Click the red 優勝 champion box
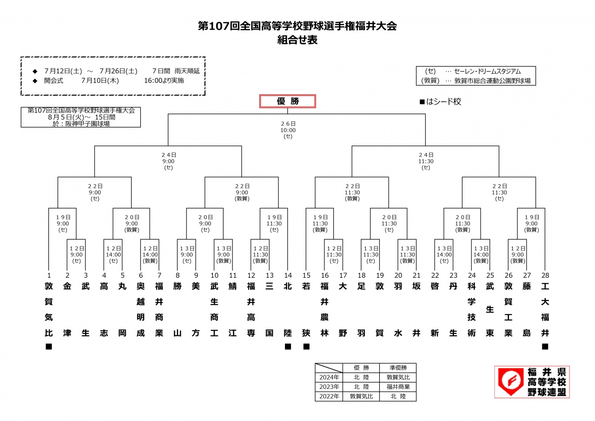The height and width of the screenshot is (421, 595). point(288,101)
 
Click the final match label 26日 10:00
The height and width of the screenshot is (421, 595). point(288,127)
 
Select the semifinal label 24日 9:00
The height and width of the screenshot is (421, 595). point(169,158)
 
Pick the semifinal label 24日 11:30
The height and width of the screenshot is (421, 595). point(426,158)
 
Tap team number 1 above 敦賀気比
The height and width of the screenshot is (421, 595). point(49,275)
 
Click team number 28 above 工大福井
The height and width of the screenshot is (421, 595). point(545,275)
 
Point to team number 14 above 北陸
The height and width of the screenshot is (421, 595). point(288,275)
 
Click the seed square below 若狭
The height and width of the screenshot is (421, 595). point(306,347)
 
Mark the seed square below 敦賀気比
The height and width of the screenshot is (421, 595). point(49,347)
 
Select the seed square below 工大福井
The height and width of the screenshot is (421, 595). point(545,347)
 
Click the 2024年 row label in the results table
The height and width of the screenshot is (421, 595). point(329,377)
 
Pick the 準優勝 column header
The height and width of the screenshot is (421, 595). point(398,368)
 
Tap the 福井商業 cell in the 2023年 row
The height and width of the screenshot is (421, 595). point(398,387)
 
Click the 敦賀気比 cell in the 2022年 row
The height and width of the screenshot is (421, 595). point(361,396)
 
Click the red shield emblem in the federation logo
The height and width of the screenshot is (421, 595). point(511,381)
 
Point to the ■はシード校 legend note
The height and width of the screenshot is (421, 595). point(440,101)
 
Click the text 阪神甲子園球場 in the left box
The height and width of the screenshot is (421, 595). point(87,124)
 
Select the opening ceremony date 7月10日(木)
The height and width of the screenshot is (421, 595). point(100,80)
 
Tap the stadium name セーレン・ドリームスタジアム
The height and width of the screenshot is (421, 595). point(488,71)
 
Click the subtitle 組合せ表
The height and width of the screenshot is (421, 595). point(297,40)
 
